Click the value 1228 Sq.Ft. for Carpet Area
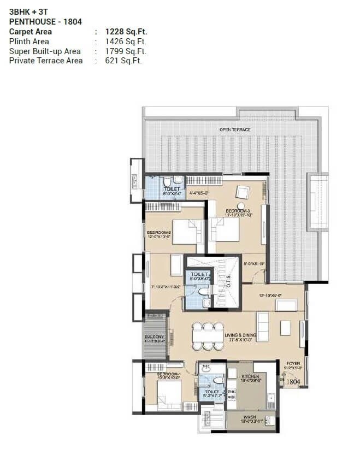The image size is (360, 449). [x=126, y=32]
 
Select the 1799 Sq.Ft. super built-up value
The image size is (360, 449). [x=126, y=51]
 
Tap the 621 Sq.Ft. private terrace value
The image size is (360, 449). [x=123, y=61]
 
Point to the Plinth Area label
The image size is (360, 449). [x=29, y=42]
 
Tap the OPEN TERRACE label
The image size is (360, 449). [x=235, y=129]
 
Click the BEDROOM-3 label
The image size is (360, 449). [x=238, y=210]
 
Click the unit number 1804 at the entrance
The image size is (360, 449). [x=293, y=382]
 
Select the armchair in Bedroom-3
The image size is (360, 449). [x=242, y=192]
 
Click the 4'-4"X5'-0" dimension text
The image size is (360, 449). [x=198, y=192]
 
